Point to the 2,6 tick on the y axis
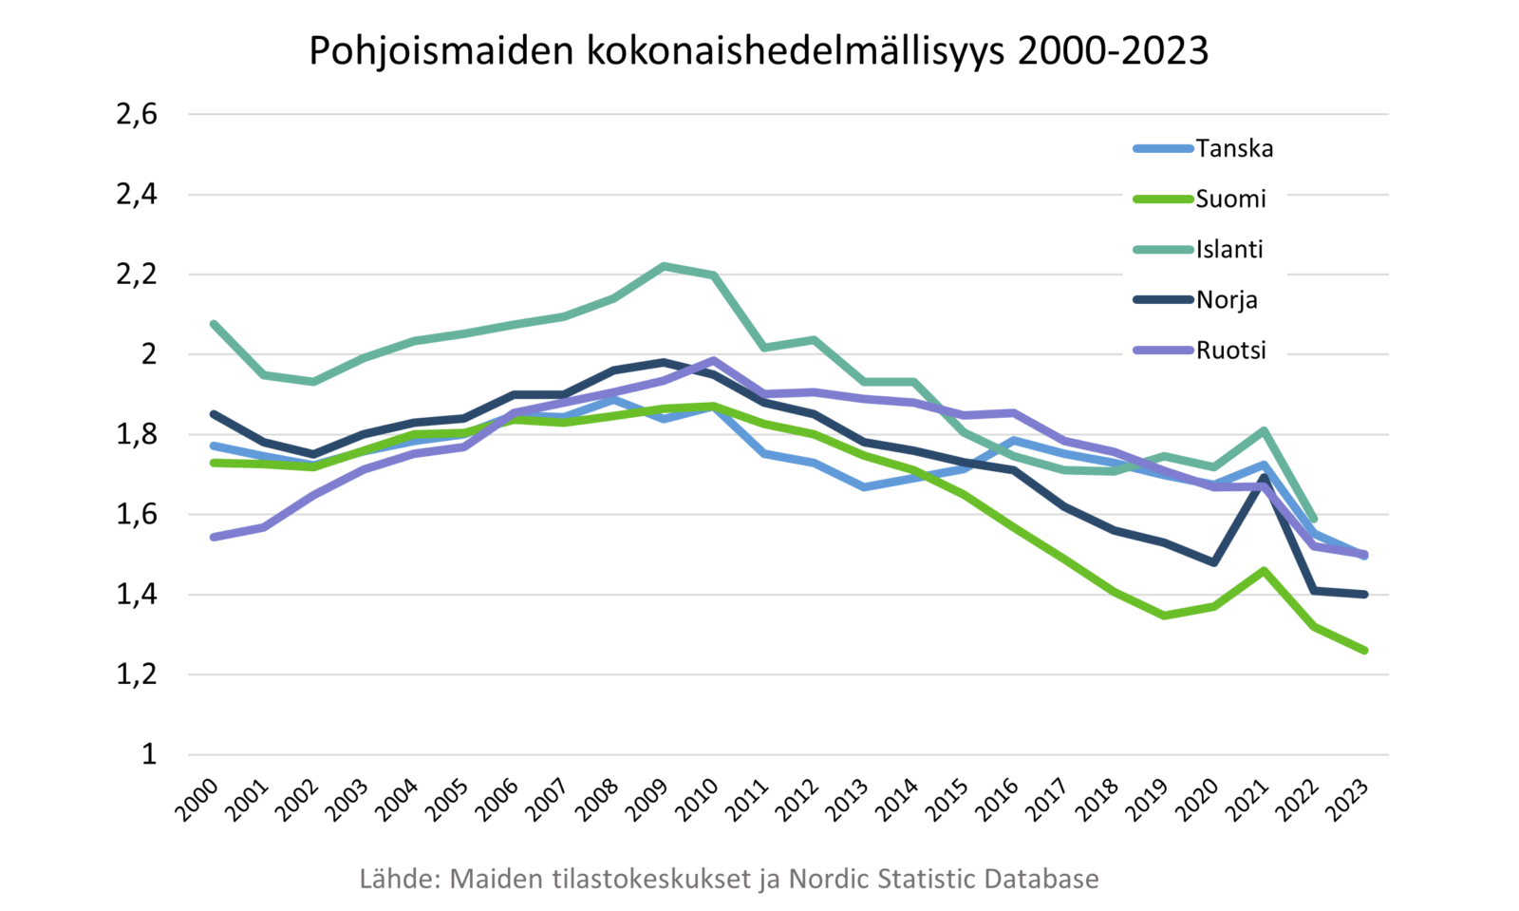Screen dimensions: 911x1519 136,115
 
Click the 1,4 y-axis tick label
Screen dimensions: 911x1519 136,596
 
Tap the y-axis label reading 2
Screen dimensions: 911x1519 148,355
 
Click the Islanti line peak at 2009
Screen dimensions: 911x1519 664,266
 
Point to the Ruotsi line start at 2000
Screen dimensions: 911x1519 214,537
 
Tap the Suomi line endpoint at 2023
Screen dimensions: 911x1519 1364,651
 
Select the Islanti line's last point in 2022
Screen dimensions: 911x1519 1314,519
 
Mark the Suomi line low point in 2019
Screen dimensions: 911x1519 1164,616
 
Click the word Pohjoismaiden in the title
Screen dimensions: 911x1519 441,51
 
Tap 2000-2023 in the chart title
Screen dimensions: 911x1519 1113,51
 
